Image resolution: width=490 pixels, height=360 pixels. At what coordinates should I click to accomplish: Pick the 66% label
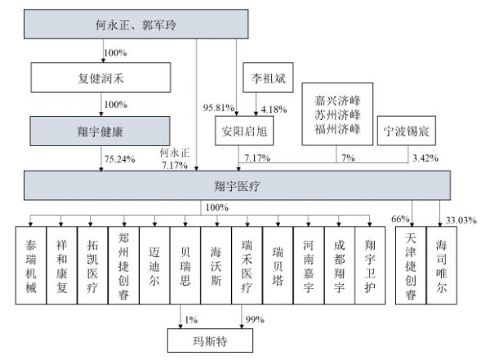[x=399, y=217]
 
